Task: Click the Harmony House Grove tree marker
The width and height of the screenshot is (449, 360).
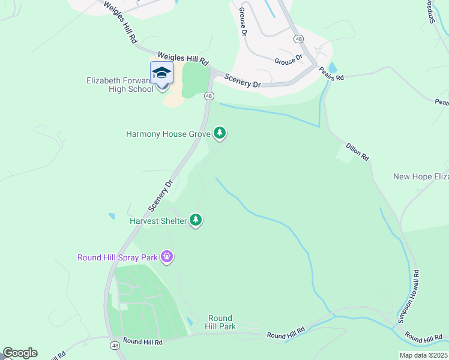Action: [220, 133]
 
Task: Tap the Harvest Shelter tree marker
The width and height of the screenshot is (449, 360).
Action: [196, 220]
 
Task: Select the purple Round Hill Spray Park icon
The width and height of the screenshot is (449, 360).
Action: [167, 257]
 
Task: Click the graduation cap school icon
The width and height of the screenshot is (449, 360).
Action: [161, 73]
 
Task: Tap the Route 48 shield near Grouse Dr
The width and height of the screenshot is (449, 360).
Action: [298, 38]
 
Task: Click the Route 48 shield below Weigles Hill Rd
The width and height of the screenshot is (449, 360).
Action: [209, 96]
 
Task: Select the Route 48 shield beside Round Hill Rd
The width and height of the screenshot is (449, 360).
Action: [115, 346]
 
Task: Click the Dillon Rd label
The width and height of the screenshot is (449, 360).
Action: [357, 151]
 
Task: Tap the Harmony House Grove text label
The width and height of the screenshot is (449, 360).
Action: [167, 134]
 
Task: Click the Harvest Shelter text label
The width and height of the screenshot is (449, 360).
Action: [158, 221]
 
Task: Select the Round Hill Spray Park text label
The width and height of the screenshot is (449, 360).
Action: [118, 258]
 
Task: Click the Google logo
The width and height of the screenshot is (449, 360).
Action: [20, 353]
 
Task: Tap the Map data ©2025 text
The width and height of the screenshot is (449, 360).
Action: [423, 355]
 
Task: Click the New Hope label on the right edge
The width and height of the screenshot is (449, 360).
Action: [421, 176]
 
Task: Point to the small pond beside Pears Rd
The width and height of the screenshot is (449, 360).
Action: [333, 68]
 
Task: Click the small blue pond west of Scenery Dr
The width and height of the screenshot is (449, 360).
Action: [112, 216]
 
